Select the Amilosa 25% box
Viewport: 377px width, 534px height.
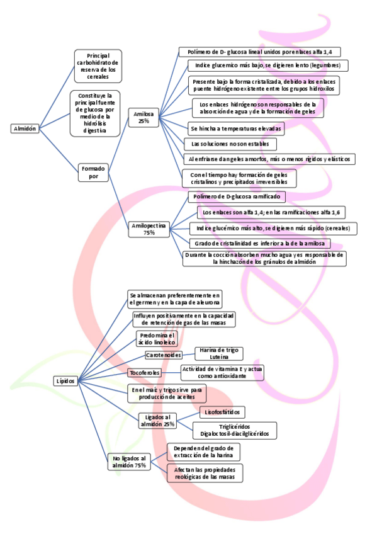[143, 117]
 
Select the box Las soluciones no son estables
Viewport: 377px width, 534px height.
[220, 144]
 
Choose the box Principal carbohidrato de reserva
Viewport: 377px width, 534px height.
[98, 65]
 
